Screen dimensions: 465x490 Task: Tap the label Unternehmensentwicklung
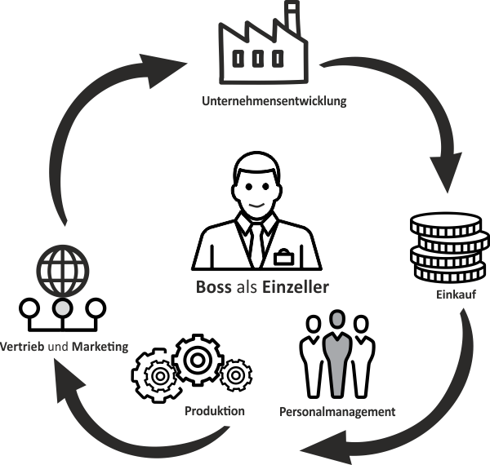(x=274, y=102)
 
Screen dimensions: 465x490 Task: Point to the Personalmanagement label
(x=336, y=412)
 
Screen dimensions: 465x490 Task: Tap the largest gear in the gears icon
(x=198, y=359)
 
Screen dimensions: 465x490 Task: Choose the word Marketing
(x=100, y=347)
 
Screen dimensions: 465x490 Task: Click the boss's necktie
(x=256, y=240)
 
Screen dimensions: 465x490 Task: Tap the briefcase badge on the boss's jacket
(x=283, y=258)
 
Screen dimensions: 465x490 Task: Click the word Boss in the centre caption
(x=215, y=287)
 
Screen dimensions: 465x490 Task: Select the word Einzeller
(x=296, y=287)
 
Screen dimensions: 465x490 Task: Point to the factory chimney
(x=291, y=20)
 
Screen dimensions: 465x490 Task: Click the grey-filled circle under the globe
(x=62, y=308)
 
